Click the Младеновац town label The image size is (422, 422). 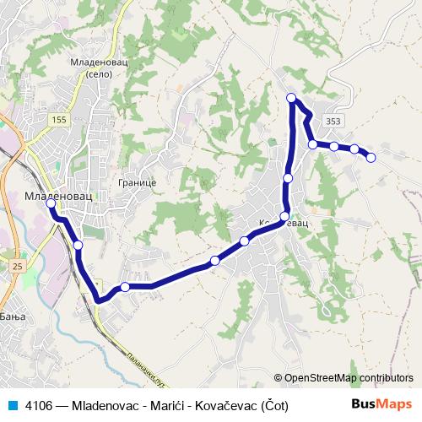(x=55, y=195)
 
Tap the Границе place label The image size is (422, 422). (x=134, y=182)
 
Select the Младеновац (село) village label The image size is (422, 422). (x=99, y=68)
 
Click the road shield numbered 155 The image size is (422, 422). (x=59, y=121)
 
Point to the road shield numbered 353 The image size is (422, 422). (x=333, y=122)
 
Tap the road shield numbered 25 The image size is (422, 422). (x=18, y=267)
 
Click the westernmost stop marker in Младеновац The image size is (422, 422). (x=52, y=203)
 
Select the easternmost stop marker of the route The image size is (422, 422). (x=371, y=157)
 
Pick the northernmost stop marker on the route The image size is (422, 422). (x=292, y=98)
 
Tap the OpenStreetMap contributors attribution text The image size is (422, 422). (x=349, y=378)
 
